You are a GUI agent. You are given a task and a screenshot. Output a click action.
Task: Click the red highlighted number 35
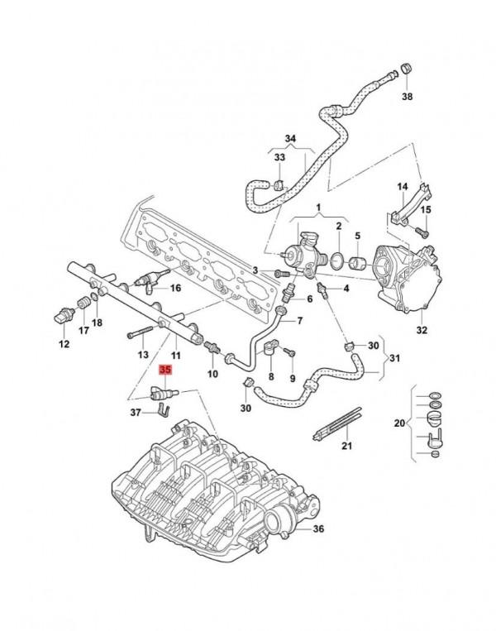coord(165,370)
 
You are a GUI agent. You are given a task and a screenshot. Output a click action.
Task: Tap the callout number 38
coord(407,97)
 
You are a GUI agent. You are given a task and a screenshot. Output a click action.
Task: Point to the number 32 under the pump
coord(422,330)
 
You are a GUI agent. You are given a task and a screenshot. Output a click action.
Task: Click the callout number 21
coord(347,447)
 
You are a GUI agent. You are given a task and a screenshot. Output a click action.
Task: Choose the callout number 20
coord(400,423)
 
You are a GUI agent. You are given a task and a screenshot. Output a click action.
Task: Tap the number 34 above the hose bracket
coord(289,138)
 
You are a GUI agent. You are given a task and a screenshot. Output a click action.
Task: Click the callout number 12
coord(64,343)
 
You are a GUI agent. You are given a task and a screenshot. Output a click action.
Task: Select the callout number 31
coord(393,357)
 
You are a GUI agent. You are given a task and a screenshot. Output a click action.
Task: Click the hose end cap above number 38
coord(405,65)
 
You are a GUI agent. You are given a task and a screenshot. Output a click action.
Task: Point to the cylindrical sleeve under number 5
coord(359,264)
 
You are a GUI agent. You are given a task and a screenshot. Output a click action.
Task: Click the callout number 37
coord(136,411)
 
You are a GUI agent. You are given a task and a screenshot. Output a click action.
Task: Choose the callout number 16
coord(174,288)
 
